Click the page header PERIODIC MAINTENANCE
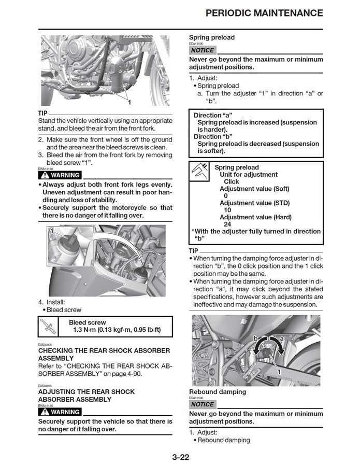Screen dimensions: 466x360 tap(264, 13)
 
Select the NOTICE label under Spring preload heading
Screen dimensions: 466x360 tap(202, 50)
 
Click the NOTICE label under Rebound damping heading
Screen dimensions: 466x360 tap(202, 404)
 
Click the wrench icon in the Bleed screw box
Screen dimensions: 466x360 tap(48, 327)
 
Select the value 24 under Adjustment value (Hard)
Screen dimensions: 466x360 tap(227, 224)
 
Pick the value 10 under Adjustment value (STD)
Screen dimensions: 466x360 tap(227, 210)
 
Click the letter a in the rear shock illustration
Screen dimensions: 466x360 tap(282, 338)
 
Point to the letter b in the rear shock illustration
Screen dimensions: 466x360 tap(255, 338)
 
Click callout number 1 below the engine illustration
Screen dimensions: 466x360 tap(129, 102)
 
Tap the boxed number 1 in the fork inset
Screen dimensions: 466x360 tap(51, 230)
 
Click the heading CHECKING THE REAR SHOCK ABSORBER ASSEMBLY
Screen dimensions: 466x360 tap(104, 355)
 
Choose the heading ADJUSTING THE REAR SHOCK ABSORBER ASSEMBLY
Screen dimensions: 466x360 tap(87, 396)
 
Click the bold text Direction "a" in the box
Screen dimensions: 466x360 tap(213, 115)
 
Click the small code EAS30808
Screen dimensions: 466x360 tap(46, 345)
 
